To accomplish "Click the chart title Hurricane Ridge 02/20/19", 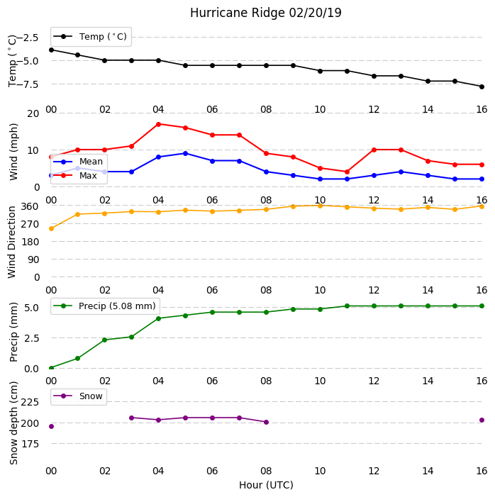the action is coord(266,13).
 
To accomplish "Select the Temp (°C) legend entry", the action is coord(90,37).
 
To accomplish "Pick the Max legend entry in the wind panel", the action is coord(75,176).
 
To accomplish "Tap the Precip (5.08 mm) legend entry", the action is coord(104,306).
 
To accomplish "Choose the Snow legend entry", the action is coord(78,396).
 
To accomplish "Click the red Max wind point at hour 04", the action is coord(159,124).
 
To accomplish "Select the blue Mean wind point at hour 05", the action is coord(186,153).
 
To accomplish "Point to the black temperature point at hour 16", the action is coord(482,86).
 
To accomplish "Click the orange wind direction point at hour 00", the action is coord(51,228).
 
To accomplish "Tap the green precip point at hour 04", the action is coord(159,318).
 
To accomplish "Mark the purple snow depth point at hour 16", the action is coord(482,420).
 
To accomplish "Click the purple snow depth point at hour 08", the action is coord(267,422).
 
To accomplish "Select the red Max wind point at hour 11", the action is coord(347,172).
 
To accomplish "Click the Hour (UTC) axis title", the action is coord(266,485).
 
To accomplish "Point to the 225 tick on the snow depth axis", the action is coord(30,402).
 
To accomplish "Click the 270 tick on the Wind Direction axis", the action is coord(30,224).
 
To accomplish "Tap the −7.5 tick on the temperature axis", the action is coord(27,84).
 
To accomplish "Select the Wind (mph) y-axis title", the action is coord(13,152).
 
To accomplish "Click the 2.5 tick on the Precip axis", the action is coord(31,338).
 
